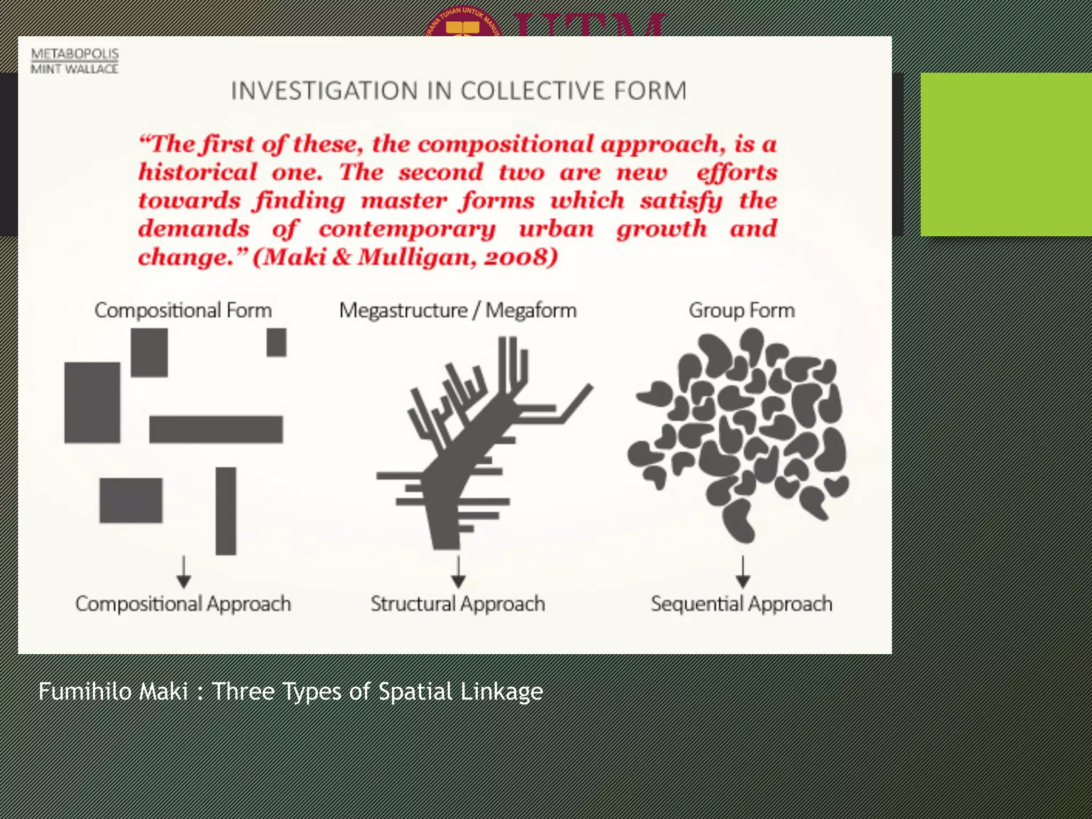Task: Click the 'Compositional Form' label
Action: pyautogui.click(x=183, y=310)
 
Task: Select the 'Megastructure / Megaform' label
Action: pyautogui.click(x=457, y=310)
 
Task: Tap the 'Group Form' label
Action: pyautogui.click(x=742, y=310)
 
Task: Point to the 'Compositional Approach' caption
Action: pyautogui.click(x=183, y=604)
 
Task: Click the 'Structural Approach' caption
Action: pyautogui.click(x=457, y=604)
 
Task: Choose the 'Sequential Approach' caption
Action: pyautogui.click(x=741, y=604)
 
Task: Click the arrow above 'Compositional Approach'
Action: pyautogui.click(x=184, y=572)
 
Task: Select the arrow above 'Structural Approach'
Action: pyautogui.click(x=459, y=572)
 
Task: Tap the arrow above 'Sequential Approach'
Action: pyautogui.click(x=743, y=572)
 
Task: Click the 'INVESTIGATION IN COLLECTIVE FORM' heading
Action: pyautogui.click(x=459, y=91)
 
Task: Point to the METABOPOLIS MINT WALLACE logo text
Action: pyautogui.click(x=75, y=61)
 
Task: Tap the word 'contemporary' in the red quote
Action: pyautogui.click(x=407, y=229)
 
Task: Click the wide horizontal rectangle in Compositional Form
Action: pyautogui.click(x=216, y=429)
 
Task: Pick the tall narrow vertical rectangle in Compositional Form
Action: pyautogui.click(x=226, y=511)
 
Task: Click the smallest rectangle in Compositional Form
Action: pyautogui.click(x=276, y=342)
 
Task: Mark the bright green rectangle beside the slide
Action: pyautogui.click(x=1006, y=154)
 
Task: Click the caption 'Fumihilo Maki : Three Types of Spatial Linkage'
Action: pyautogui.click(x=291, y=692)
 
